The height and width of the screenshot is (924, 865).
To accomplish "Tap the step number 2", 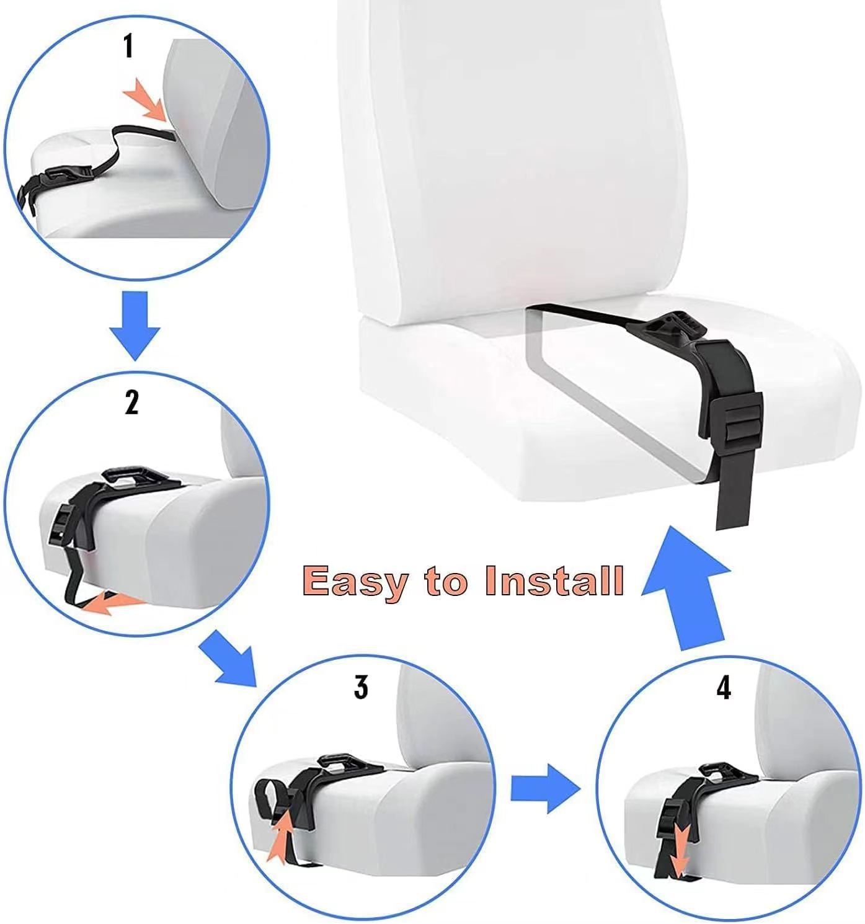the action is [x=132, y=402].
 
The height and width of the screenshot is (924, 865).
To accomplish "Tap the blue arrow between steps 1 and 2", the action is [x=135, y=325].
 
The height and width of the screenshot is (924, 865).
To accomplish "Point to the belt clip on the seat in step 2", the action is [x=135, y=478].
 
